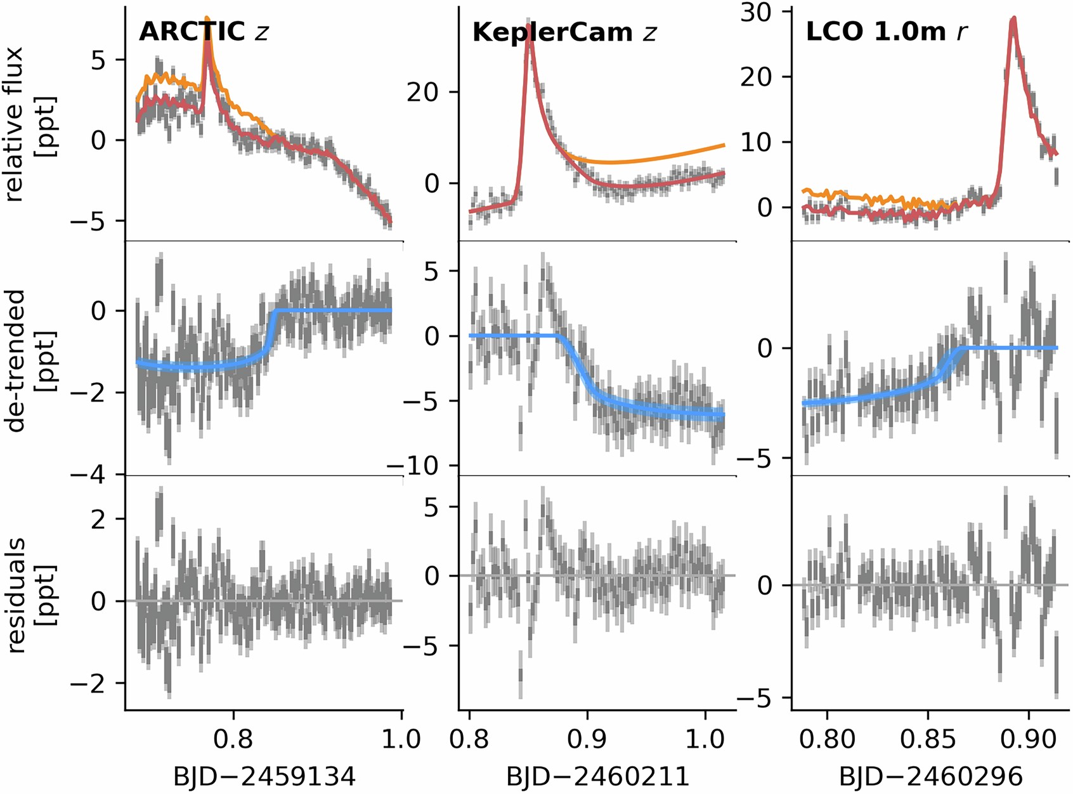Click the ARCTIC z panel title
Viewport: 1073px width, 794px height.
tap(204, 32)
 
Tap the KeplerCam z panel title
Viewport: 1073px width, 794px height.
tap(564, 32)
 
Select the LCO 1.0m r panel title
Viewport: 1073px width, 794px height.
tap(887, 31)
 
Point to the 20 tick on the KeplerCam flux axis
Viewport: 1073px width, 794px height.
tap(423, 93)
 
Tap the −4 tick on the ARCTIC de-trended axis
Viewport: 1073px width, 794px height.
tap(89, 475)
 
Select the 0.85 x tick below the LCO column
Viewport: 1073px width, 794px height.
tap(928, 739)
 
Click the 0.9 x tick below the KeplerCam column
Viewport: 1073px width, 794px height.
tap(587, 739)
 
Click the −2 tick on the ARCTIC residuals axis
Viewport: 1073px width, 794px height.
tap(89, 684)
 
